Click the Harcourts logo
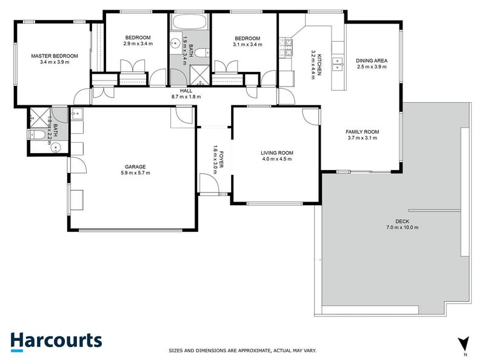pyautogui.click(x=56, y=341)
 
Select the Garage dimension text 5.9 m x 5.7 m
pyautogui.click(x=135, y=173)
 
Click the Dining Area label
pyautogui.click(x=371, y=60)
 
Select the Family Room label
pyautogui.click(x=362, y=131)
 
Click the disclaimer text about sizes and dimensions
pyautogui.click(x=242, y=350)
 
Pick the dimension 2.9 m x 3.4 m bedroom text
pyautogui.click(x=137, y=44)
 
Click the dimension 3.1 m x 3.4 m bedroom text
pyautogui.click(x=247, y=44)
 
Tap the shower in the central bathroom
pyautogui.click(x=198, y=74)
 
